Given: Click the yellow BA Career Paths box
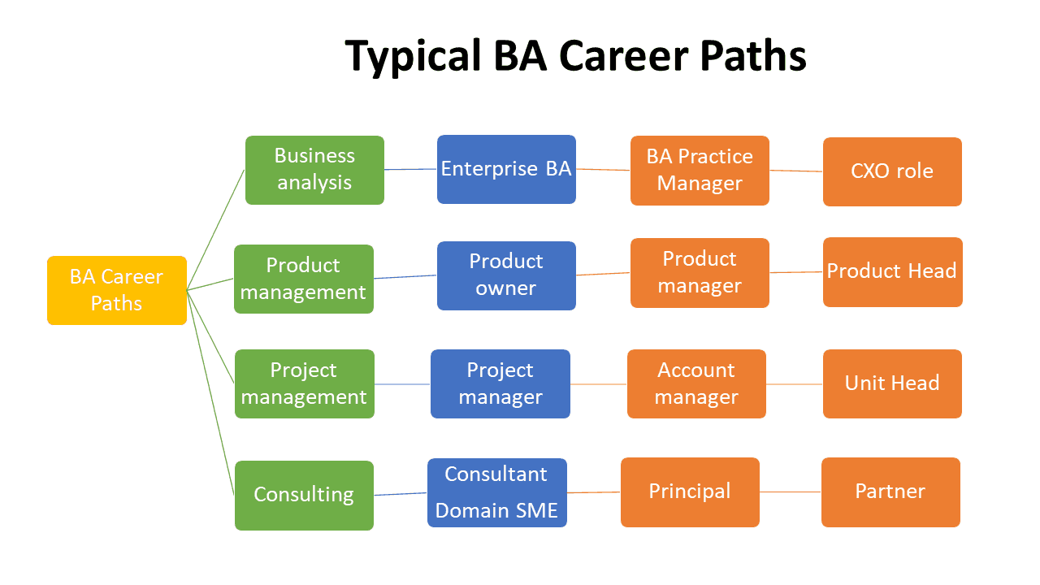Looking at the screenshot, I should coord(117,290).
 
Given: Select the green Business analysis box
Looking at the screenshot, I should coord(314,170).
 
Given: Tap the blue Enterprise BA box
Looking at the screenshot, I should coord(506,169).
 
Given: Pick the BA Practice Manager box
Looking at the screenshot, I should coord(700,170).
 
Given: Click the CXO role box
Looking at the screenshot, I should coord(892,171).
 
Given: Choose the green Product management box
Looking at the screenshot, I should coord(304,279).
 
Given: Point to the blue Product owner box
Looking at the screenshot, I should coord(506,275).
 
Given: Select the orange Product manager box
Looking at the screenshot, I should coord(700,273).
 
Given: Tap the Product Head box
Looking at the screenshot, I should coord(892,272).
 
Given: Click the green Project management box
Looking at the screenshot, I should coord(304,383).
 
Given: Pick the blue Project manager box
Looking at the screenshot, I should coord(500,383).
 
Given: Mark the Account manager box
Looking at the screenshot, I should coord(696,383).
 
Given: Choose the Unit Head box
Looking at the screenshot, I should coord(892,383).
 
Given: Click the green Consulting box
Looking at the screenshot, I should coord(304,495).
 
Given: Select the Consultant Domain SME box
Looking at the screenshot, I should coord(496,492).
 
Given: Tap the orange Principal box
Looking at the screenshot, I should coord(690,492).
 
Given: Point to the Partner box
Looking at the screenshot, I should coord(890,492).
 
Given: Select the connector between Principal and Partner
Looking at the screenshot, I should coord(791,492).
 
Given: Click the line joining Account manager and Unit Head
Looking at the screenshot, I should coord(795,383).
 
